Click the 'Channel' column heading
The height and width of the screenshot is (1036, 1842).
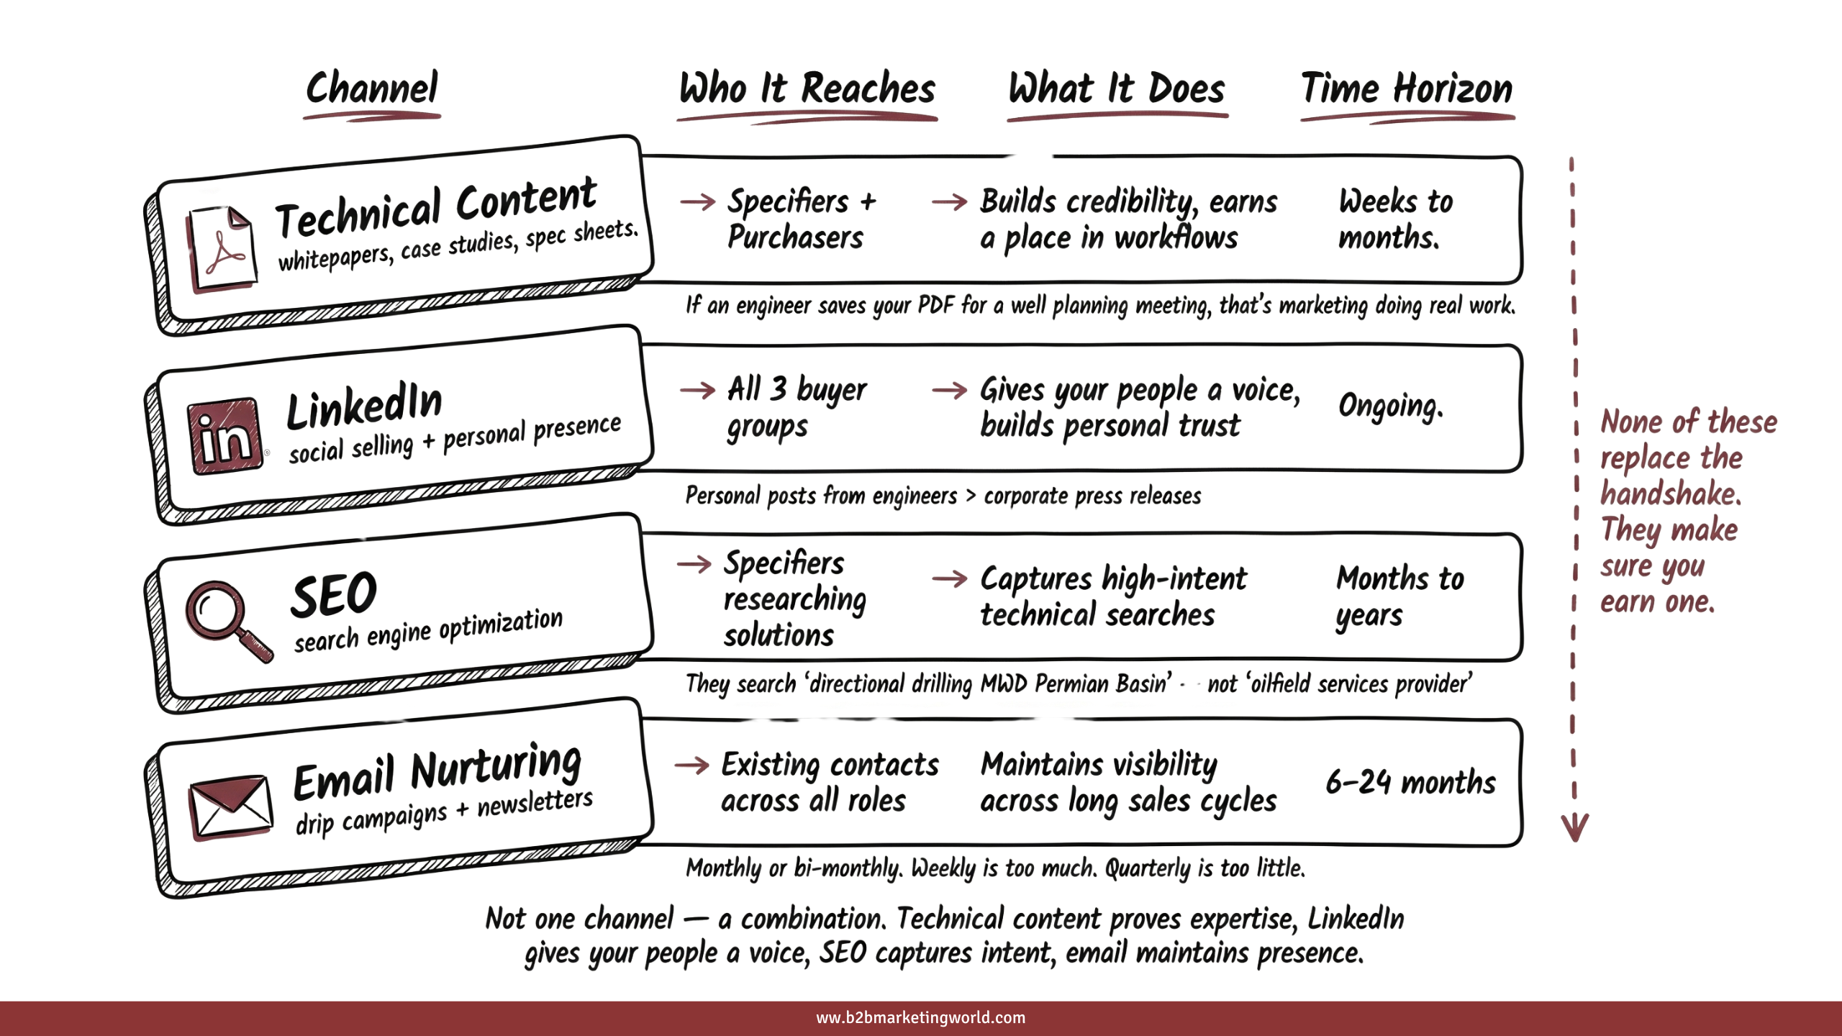coord(371,89)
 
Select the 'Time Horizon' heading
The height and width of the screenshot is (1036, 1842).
coord(1407,89)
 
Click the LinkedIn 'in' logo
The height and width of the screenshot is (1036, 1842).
coord(225,436)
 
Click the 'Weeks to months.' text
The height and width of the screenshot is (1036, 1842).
coord(1394,219)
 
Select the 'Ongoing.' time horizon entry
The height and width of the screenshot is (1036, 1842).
coord(1390,406)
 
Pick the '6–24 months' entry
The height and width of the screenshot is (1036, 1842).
coord(1410,782)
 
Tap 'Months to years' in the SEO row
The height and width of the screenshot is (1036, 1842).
coord(1399,596)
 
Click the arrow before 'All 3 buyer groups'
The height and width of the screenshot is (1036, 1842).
coord(697,391)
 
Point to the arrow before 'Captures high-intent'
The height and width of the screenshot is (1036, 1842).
coord(949,578)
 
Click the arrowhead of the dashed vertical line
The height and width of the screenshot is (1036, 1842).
coord(1574,827)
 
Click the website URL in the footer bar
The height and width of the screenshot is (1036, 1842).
coord(920,1017)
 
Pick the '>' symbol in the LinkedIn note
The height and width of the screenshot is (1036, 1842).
coord(970,495)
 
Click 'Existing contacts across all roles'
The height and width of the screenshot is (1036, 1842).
coord(829,782)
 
